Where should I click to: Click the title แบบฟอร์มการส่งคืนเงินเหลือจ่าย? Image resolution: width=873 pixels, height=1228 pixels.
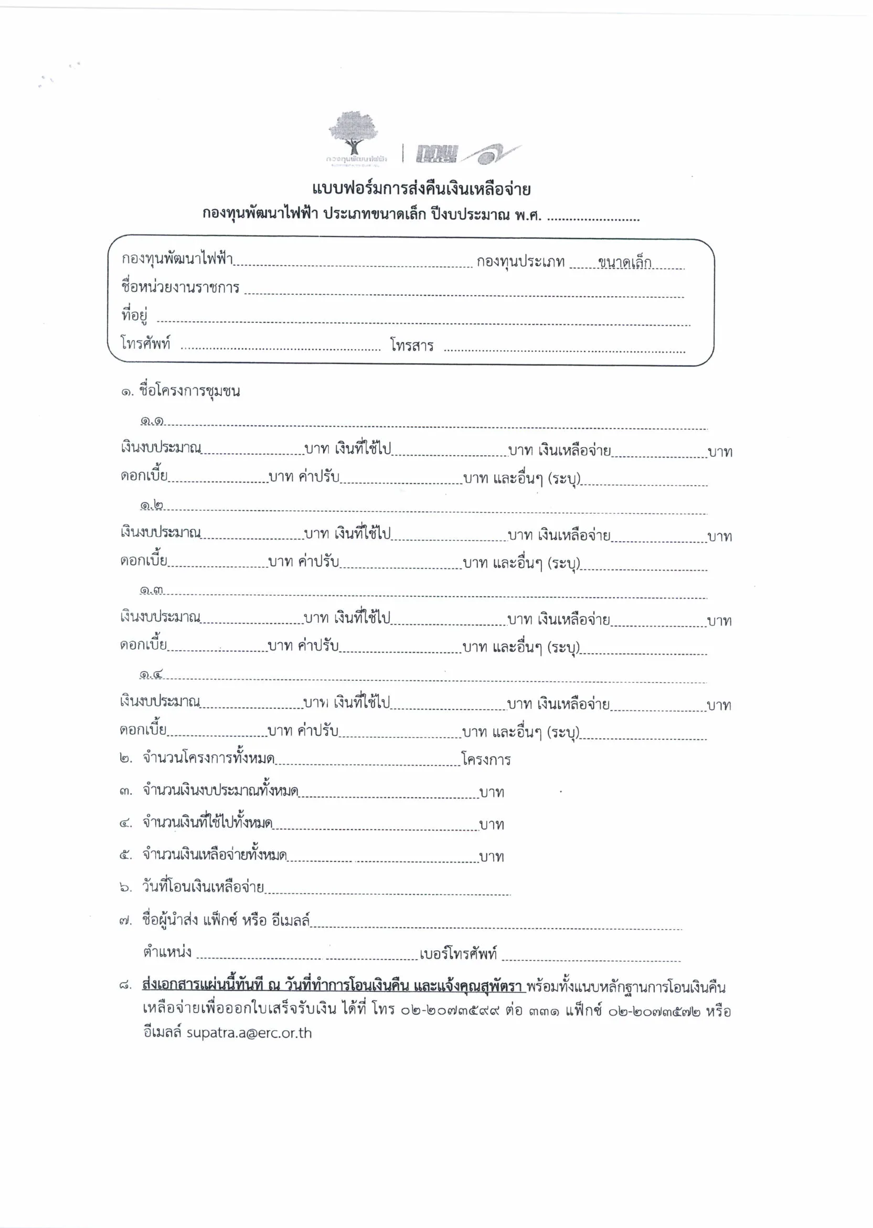(421, 189)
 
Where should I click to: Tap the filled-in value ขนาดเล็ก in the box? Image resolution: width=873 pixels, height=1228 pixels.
(624, 263)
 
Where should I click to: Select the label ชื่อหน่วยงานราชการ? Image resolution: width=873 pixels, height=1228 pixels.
(180, 287)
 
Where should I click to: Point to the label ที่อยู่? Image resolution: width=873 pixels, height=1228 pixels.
(134, 315)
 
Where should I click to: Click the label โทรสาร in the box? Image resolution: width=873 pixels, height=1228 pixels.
(412, 346)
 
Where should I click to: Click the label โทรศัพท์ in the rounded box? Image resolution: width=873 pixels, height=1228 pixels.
(146, 343)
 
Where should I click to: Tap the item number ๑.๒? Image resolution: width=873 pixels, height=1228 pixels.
(152, 505)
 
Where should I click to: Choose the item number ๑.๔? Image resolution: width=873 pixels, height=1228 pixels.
(151, 674)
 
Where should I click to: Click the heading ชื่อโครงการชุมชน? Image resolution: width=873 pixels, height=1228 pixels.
(189, 391)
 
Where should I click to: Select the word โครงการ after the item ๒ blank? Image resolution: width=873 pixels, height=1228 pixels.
(486, 760)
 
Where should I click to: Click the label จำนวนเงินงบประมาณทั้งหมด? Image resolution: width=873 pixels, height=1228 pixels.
(220, 790)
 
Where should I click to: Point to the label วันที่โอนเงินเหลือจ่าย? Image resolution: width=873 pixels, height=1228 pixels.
(203, 886)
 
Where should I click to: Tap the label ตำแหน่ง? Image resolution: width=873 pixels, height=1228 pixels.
(167, 952)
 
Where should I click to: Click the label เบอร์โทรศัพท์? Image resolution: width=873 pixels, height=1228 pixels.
(458, 953)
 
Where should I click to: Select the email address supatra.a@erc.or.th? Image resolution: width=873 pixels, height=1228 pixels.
(249, 1033)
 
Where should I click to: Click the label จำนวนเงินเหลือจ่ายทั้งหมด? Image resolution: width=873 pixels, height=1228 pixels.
(215, 855)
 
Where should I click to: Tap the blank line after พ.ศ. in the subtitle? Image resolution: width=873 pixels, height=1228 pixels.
(593, 218)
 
